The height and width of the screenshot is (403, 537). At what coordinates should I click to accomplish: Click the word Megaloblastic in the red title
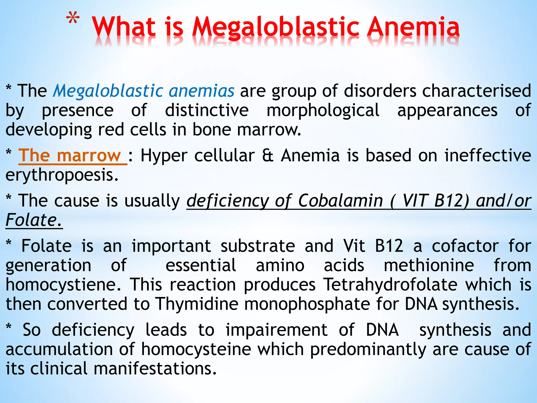click(x=275, y=28)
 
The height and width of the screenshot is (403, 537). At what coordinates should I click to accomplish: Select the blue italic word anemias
click(x=201, y=91)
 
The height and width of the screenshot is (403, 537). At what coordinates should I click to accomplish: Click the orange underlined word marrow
click(x=89, y=156)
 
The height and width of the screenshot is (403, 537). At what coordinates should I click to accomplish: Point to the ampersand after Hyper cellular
click(x=267, y=156)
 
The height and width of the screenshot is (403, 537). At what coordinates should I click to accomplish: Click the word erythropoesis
click(x=62, y=175)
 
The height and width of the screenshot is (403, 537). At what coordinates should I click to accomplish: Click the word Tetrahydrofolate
click(x=390, y=285)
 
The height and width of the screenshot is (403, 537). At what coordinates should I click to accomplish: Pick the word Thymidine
click(x=197, y=304)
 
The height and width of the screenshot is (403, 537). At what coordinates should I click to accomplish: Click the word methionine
click(x=429, y=265)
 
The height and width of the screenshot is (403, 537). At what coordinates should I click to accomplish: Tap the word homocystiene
click(x=63, y=285)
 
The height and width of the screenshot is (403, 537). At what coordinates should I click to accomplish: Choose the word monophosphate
click(x=307, y=304)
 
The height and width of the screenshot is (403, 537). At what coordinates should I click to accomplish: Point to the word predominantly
click(x=368, y=349)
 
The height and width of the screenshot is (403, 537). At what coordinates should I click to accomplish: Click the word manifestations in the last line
click(x=155, y=369)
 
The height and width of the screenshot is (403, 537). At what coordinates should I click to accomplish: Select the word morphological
click(x=323, y=110)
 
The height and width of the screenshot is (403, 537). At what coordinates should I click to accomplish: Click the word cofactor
click(x=465, y=246)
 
